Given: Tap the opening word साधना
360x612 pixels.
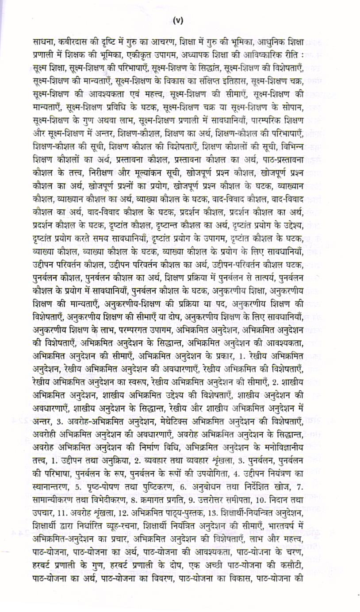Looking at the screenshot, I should coord(45,43).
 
